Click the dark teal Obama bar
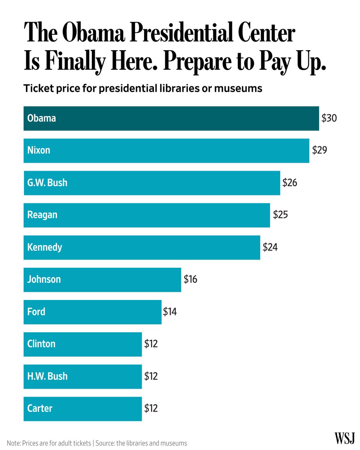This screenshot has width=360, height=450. coord(171,118)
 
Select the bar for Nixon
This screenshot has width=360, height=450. coord(166,151)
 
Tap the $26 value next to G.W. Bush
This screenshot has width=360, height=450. coord(290,183)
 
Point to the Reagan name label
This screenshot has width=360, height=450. coord(42,215)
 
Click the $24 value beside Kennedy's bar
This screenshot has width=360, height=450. coord(270,247)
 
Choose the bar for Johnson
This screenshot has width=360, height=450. coord(102,280)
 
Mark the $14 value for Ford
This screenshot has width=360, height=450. coord(170,312)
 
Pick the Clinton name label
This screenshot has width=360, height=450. coord(41,344)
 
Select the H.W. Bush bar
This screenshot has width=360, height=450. coord(82,376)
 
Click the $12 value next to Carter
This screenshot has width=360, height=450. coord(151,408)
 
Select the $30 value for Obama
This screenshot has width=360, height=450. coord(329,118)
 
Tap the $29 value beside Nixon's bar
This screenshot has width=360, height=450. coord(319,151)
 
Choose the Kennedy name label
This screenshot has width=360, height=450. coord(45,247)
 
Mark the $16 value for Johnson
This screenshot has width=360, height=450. coord(190,279)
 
